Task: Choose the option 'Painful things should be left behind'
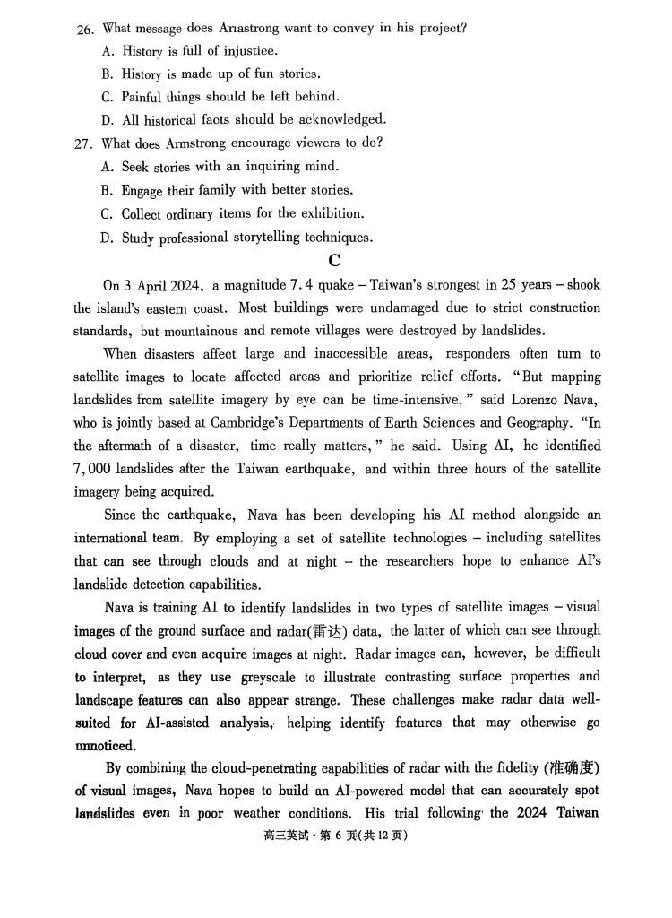click(230, 96)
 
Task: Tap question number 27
click(84, 143)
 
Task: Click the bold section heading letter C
click(334, 261)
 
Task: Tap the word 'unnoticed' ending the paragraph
click(105, 746)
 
